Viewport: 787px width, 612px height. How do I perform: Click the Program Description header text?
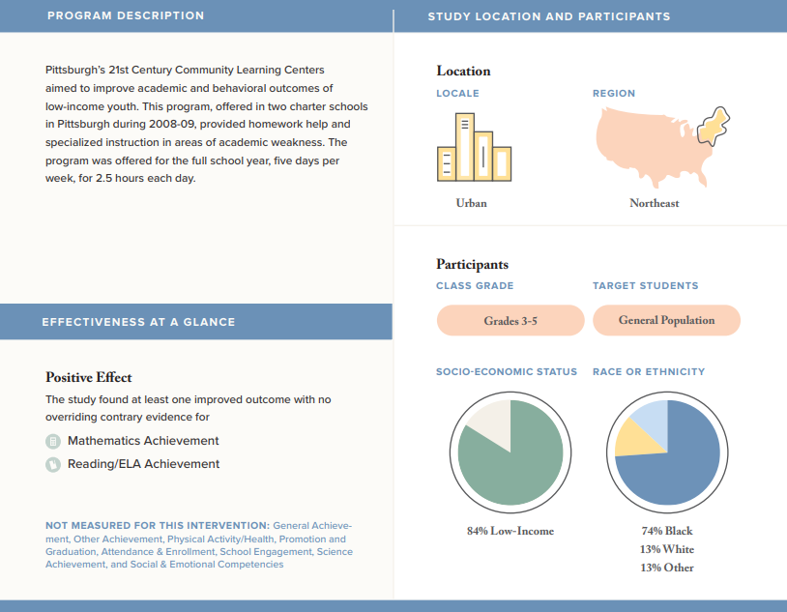click(x=126, y=15)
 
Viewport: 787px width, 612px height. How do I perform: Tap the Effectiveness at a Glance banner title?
click(x=138, y=322)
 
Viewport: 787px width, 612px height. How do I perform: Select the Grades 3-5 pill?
click(x=510, y=320)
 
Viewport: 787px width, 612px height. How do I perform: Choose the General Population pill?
click(x=666, y=320)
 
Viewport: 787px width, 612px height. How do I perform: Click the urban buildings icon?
click(x=475, y=147)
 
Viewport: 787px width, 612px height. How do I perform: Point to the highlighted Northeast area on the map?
click(x=714, y=126)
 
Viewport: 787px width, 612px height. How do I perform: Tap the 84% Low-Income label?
click(x=510, y=531)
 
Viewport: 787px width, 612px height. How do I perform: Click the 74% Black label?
click(x=667, y=531)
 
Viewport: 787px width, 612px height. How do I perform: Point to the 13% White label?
click(x=667, y=549)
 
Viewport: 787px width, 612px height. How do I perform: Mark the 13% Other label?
click(x=667, y=568)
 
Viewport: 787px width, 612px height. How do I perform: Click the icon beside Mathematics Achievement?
click(x=53, y=441)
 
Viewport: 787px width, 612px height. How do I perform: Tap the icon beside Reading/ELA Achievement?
click(x=53, y=464)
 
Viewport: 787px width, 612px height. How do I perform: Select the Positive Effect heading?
click(x=89, y=377)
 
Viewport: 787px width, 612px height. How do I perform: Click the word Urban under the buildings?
click(x=471, y=203)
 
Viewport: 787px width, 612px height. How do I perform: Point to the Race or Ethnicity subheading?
click(x=649, y=371)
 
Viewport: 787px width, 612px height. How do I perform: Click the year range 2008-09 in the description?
click(x=171, y=124)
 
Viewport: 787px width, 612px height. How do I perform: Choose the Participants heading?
click(x=473, y=264)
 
